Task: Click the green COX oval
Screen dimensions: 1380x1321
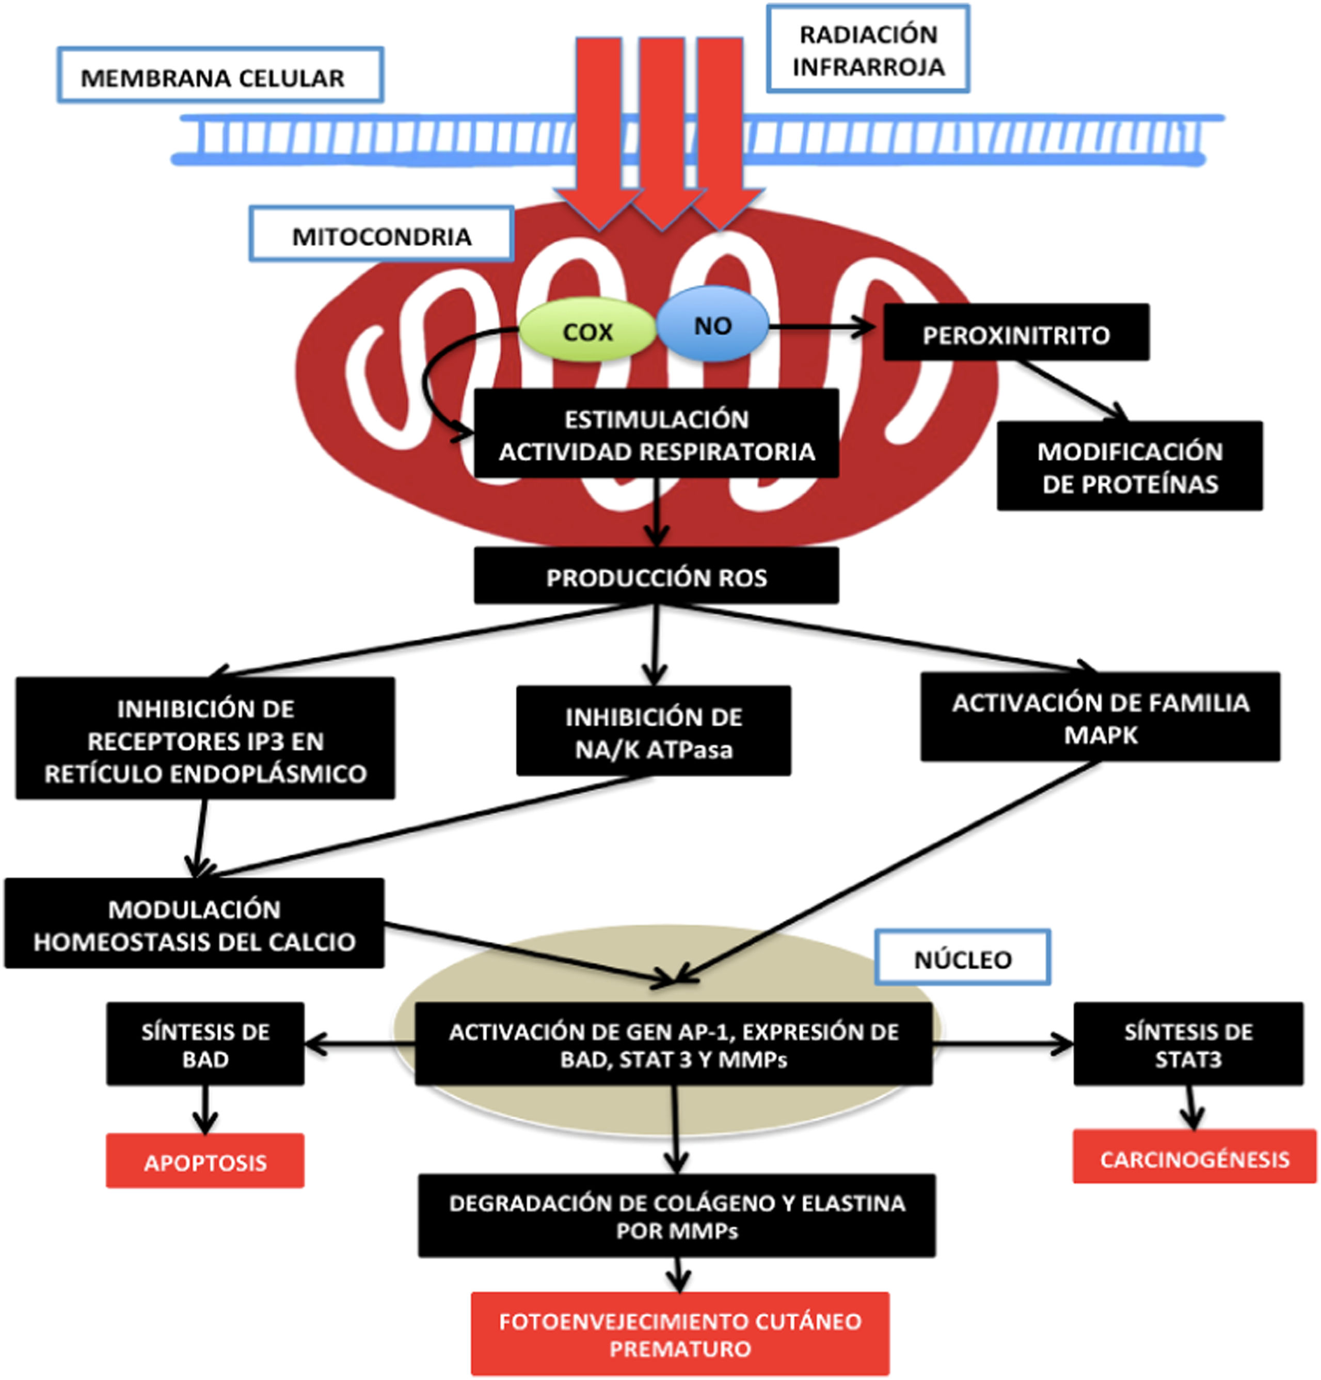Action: tap(587, 331)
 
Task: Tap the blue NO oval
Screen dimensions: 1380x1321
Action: tap(712, 325)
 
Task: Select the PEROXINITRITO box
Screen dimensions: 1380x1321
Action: tap(1015, 334)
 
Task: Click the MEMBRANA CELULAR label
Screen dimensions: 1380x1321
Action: tap(220, 76)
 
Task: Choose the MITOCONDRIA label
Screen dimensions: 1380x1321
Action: tap(381, 235)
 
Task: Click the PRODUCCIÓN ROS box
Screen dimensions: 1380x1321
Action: tap(656, 576)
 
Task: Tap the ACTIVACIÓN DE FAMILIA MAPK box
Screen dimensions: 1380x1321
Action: tap(1100, 717)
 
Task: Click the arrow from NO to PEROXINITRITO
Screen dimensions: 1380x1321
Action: tap(824, 327)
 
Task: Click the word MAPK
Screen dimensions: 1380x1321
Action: tap(1100, 735)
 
